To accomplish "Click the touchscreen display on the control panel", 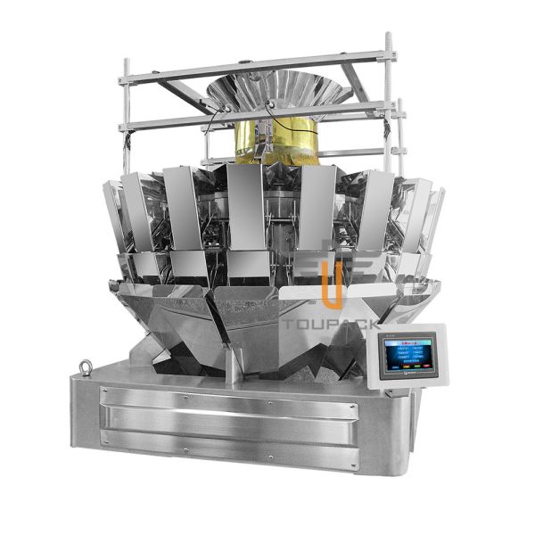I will [x=408, y=356].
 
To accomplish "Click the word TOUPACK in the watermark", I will [x=330, y=325].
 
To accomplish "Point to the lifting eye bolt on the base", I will [x=85, y=368].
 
